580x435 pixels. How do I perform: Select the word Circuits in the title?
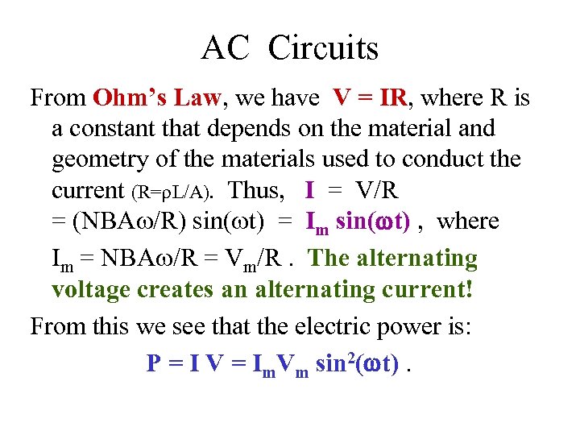point(323,49)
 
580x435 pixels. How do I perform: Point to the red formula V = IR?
point(370,98)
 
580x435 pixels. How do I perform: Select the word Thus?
point(257,190)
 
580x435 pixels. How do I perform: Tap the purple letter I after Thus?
point(310,190)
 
